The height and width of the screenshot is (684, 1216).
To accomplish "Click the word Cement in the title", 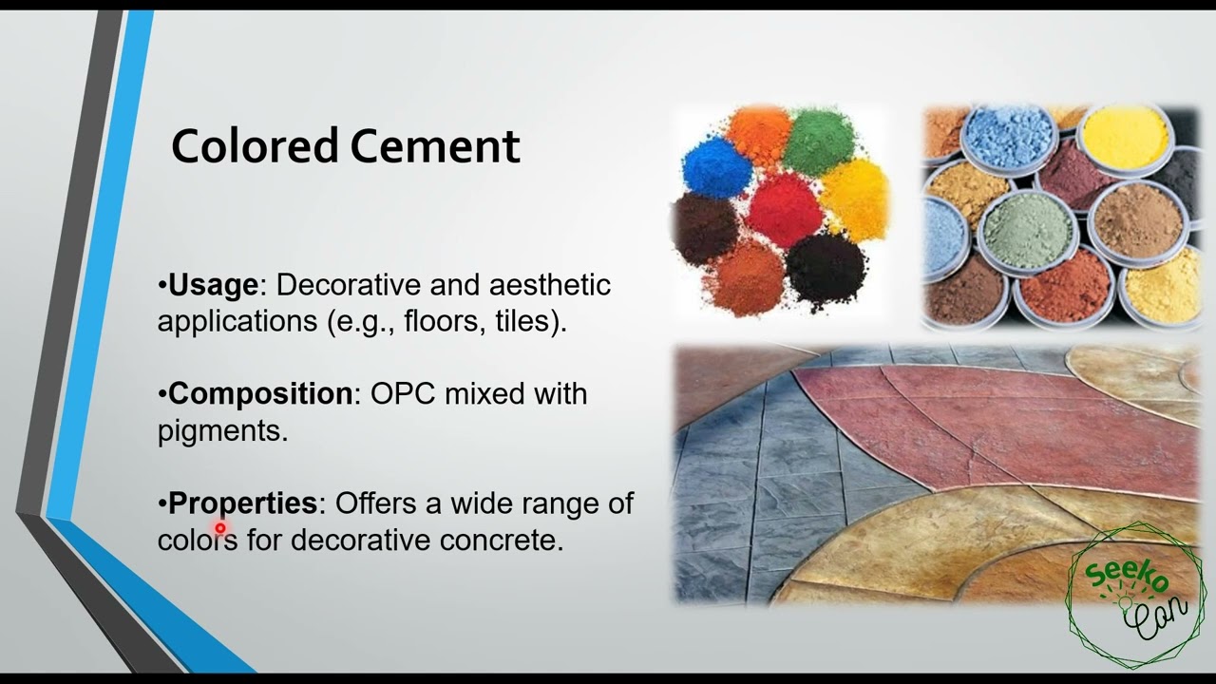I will (434, 146).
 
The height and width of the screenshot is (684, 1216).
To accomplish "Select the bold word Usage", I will (212, 285).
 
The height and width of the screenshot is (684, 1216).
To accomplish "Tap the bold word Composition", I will (259, 393).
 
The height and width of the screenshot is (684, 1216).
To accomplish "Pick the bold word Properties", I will (242, 503).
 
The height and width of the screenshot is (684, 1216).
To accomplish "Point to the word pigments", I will (221, 430).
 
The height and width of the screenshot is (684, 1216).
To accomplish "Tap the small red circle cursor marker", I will (220, 528).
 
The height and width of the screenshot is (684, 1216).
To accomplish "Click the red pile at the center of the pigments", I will (781, 209).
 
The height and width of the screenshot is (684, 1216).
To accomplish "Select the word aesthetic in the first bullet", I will (549, 285).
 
